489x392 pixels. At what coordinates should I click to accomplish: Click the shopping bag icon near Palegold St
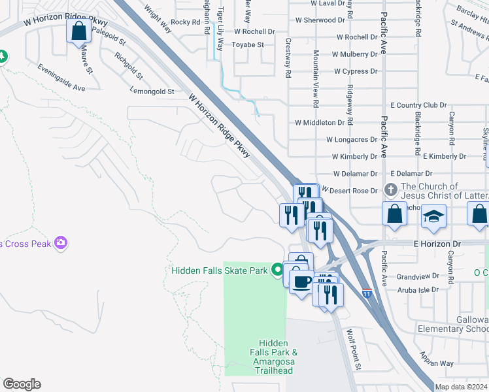(x=78, y=31)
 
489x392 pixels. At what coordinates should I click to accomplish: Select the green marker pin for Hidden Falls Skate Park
(x=278, y=269)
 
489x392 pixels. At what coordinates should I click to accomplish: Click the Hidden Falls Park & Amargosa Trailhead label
(x=278, y=357)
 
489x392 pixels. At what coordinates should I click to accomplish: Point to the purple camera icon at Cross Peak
(x=61, y=243)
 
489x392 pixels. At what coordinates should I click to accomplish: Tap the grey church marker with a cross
(x=391, y=190)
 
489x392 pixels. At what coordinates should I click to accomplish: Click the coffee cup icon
(x=301, y=282)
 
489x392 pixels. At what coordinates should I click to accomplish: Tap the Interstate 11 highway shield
(x=367, y=293)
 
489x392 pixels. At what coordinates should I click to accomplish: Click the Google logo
(x=22, y=384)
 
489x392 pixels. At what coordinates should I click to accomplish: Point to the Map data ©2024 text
(x=461, y=387)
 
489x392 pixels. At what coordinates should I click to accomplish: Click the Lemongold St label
(x=152, y=91)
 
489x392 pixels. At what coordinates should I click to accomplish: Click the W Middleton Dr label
(x=319, y=122)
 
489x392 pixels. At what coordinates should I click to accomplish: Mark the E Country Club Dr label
(x=418, y=105)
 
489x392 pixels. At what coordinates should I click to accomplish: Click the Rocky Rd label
(x=186, y=22)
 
